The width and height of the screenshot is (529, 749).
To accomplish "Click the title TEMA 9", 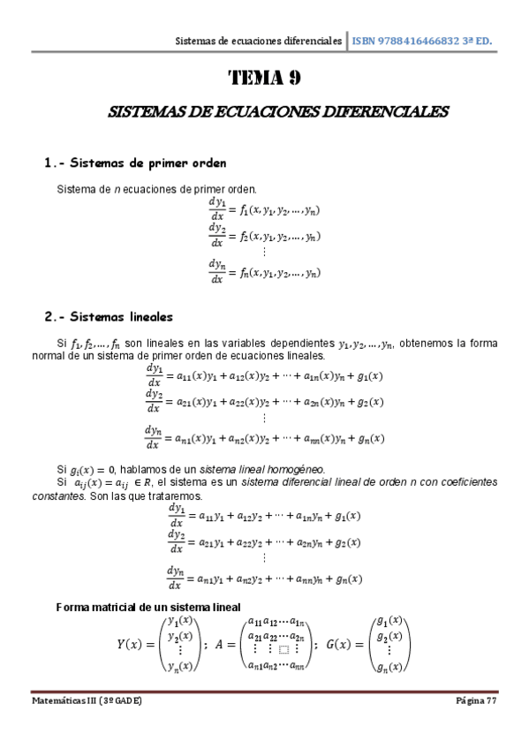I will pyautogui.click(x=265, y=78).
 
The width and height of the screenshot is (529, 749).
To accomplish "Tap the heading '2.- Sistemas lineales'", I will pyautogui.click(x=109, y=316).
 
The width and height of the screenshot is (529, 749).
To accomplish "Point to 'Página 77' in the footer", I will pyautogui.click(x=480, y=700).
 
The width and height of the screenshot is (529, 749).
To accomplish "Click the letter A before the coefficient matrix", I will pyautogui.click(x=220, y=645).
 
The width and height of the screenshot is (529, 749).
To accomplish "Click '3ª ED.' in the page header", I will pyautogui.click(x=476, y=41).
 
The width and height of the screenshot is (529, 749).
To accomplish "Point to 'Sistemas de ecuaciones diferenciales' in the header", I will pyautogui.click(x=259, y=41).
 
